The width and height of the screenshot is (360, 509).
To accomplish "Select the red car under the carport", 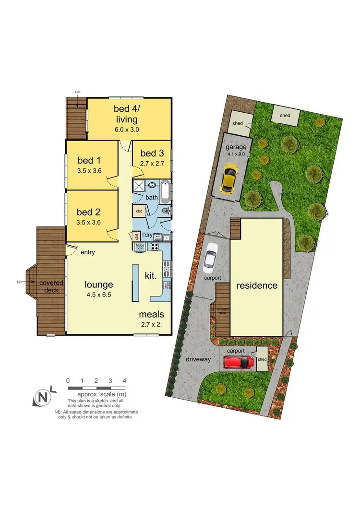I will (x=239, y=362).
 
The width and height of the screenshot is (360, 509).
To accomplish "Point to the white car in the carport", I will (x=210, y=255).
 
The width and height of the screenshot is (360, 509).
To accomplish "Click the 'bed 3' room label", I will (x=151, y=154).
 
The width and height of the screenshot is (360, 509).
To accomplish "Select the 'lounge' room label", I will (x=99, y=284).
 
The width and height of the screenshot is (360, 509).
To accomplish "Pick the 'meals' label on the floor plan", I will (x=152, y=315).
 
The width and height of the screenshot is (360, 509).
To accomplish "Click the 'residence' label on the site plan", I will (x=257, y=285).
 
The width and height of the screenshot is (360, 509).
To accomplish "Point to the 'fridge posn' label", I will (x=140, y=247).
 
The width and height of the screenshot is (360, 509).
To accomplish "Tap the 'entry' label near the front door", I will (x=88, y=252).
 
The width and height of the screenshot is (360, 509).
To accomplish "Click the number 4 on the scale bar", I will (x=124, y=380).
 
